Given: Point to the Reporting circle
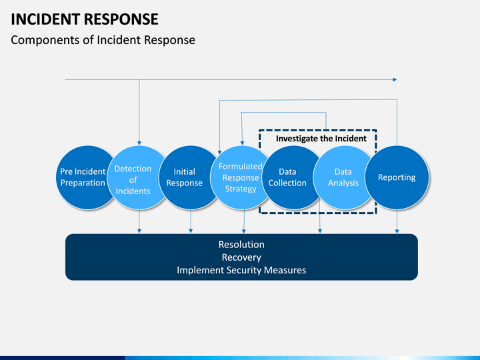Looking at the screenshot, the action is point(397,177).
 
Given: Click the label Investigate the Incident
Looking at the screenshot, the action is point(321,139).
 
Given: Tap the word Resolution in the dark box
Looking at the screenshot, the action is point(241,244).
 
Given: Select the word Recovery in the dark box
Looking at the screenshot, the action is point(241,257).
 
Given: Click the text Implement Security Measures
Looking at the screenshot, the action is point(241,270).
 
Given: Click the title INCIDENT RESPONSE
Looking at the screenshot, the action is point(85,19).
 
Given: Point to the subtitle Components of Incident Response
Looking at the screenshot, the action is point(103,40).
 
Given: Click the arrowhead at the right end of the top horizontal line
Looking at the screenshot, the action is point(395,79).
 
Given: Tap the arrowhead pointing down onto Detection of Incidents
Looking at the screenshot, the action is point(139,143).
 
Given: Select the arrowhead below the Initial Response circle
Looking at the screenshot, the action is point(191,231).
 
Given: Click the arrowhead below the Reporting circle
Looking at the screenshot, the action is point(397,231).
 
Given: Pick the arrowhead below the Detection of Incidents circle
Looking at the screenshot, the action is point(139,231).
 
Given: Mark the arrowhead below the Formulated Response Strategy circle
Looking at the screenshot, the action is point(244,231).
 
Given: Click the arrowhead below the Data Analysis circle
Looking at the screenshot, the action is point(320,231).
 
